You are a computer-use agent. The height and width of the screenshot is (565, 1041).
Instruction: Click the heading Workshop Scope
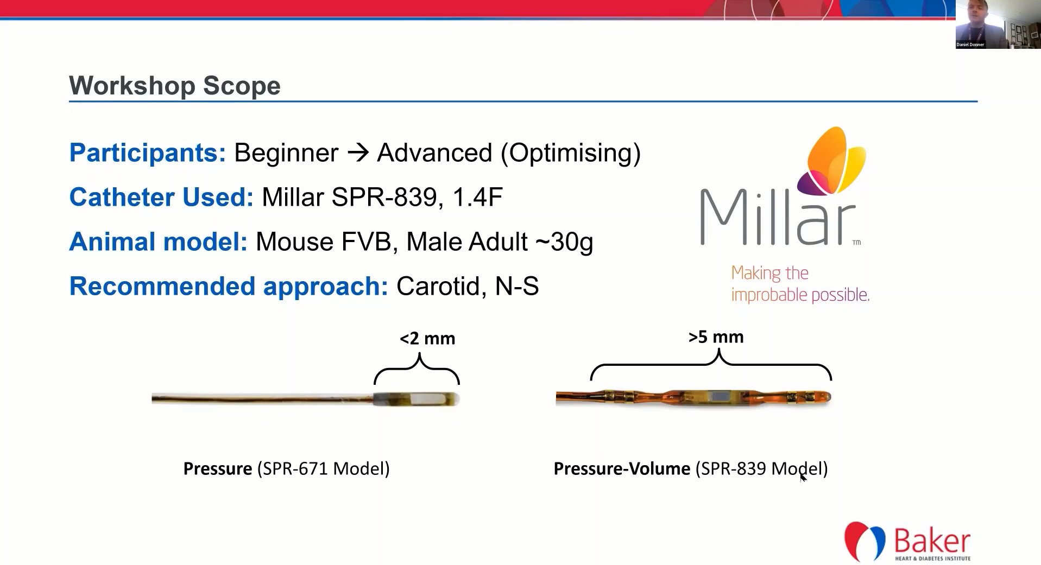174,86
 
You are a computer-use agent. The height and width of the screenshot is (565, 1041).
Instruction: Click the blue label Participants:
147,153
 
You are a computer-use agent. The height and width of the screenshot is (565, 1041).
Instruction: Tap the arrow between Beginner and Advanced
358,153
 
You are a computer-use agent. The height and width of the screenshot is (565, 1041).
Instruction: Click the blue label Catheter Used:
161,197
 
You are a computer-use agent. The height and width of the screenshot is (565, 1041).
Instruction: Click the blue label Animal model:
158,242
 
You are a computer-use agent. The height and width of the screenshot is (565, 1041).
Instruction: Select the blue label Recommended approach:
229,287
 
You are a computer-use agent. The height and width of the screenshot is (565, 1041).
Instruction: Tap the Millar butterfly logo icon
831,161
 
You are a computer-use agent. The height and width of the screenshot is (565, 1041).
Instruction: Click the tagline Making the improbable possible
800,283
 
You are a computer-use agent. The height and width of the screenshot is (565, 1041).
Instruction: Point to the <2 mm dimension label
427,339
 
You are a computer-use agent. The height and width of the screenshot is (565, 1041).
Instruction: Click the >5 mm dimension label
716,337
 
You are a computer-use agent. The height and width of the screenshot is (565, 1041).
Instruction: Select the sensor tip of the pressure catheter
417,399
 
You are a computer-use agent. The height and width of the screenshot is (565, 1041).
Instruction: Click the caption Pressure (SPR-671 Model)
286,468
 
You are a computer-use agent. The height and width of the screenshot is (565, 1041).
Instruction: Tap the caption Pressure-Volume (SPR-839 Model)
690,469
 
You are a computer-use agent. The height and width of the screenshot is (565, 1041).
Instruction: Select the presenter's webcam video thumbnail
998,24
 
